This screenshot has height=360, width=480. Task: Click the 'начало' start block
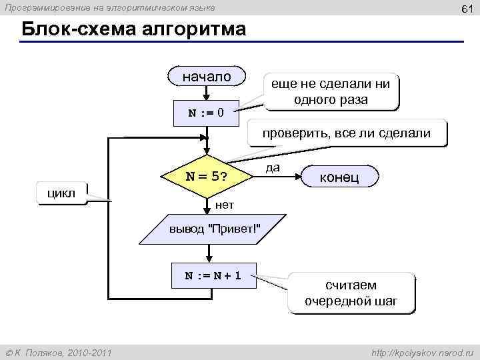click(x=207, y=77)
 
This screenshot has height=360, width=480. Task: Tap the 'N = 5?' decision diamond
click(x=206, y=177)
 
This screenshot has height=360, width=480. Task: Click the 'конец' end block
click(x=340, y=177)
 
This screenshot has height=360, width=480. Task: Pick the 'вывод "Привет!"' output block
click(x=214, y=229)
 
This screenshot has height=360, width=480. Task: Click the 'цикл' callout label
click(x=64, y=193)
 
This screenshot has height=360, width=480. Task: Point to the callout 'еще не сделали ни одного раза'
click(x=331, y=91)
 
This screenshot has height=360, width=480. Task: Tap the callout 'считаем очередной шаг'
click(x=351, y=293)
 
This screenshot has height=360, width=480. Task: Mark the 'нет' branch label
click(x=225, y=203)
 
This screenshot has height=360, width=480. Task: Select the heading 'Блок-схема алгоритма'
click(x=133, y=31)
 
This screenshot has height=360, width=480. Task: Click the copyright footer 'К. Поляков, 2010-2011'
click(x=59, y=351)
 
